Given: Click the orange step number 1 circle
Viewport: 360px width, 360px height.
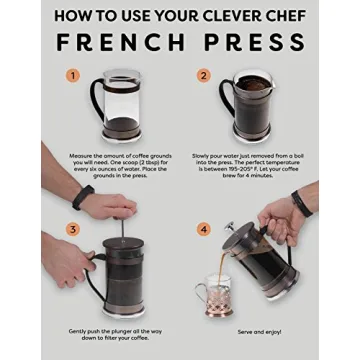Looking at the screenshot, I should click(x=72, y=75).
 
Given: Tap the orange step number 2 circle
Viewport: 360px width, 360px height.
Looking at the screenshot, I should click(x=204, y=75).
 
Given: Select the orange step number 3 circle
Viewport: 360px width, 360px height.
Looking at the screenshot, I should click(x=72, y=229).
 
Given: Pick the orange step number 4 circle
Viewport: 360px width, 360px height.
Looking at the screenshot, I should click(x=204, y=229).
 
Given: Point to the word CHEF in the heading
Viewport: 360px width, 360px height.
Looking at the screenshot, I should click(x=281, y=15).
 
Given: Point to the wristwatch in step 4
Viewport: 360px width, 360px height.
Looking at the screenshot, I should click(x=299, y=203).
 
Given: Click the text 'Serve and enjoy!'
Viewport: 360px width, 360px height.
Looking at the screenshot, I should click(x=259, y=332).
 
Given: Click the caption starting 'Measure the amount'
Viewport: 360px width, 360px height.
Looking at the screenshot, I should click(x=116, y=167).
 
